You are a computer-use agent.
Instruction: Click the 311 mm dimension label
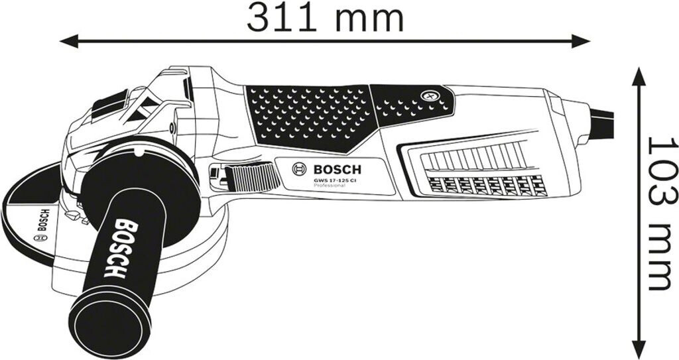(x=325, y=18)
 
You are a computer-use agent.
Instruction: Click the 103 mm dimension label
(x=660, y=213)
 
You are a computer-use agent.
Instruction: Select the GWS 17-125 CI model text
(x=335, y=180)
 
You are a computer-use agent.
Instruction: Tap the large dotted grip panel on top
(x=308, y=117)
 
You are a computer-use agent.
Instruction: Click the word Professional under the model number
(x=330, y=186)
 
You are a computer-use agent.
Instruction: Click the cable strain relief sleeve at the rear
(x=580, y=119)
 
